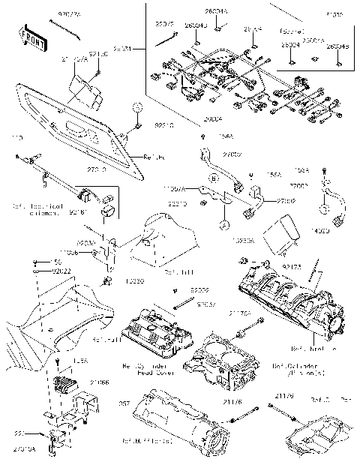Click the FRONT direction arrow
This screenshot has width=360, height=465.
[31, 36]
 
